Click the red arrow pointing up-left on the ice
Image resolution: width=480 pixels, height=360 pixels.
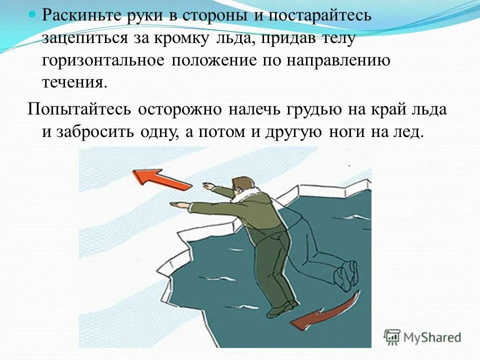[x=160, y=179]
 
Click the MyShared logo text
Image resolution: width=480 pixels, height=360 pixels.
[x=432, y=337]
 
